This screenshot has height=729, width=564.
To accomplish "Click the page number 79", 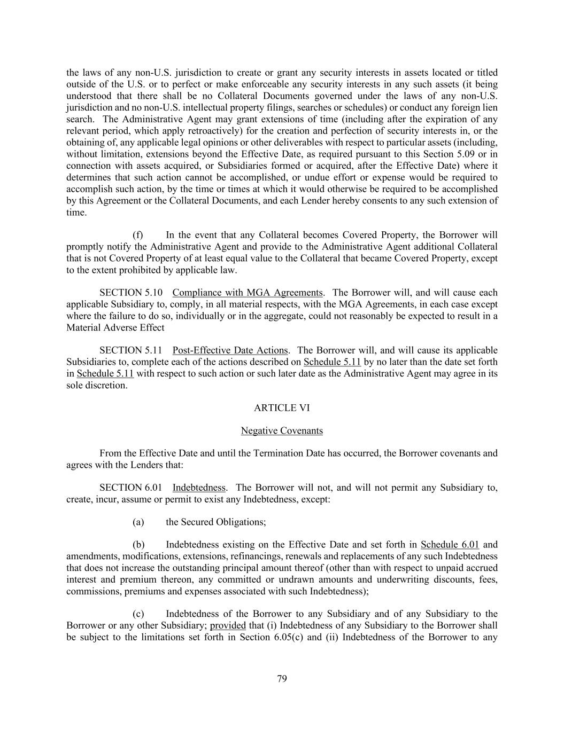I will point(282,679).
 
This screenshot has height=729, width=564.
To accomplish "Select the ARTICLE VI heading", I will point(282,408).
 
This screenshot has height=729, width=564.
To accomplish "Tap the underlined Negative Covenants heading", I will point(282,430).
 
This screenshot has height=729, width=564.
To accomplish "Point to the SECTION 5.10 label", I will point(130,293).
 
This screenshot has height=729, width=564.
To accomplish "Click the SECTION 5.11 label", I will point(130,350).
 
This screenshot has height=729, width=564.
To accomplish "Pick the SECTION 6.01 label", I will point(130,488).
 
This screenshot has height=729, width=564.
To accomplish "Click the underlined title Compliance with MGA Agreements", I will point(248,293).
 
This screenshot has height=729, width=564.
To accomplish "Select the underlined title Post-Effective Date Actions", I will point(230,350).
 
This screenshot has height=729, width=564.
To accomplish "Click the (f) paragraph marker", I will point(138,235).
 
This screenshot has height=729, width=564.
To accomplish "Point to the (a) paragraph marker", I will point(138,522).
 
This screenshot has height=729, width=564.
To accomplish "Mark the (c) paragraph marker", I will point(138,614).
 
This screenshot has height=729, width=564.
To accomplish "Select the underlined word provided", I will point(228,625).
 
